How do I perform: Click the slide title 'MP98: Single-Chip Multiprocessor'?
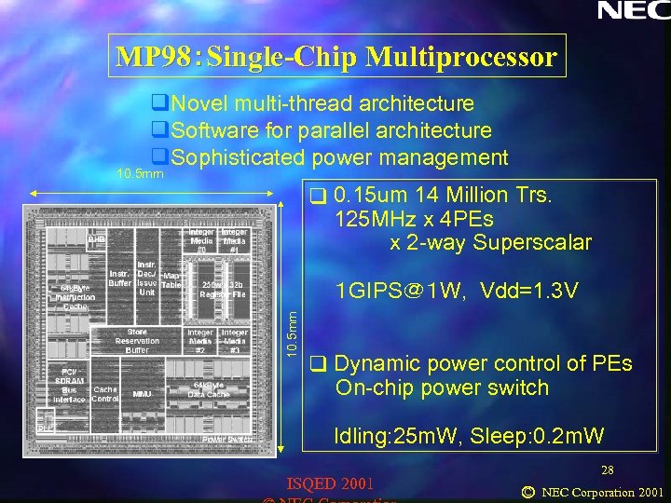point(336,58)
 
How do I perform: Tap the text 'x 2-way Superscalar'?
point(490,243)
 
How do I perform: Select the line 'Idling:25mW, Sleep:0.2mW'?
point(469,435)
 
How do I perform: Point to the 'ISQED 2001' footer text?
point(333,483)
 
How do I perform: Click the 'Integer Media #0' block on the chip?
point(201,240)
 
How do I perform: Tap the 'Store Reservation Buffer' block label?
point(137,341)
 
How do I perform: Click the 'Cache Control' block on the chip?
point(105,394)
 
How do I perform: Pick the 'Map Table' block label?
point(171,280)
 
